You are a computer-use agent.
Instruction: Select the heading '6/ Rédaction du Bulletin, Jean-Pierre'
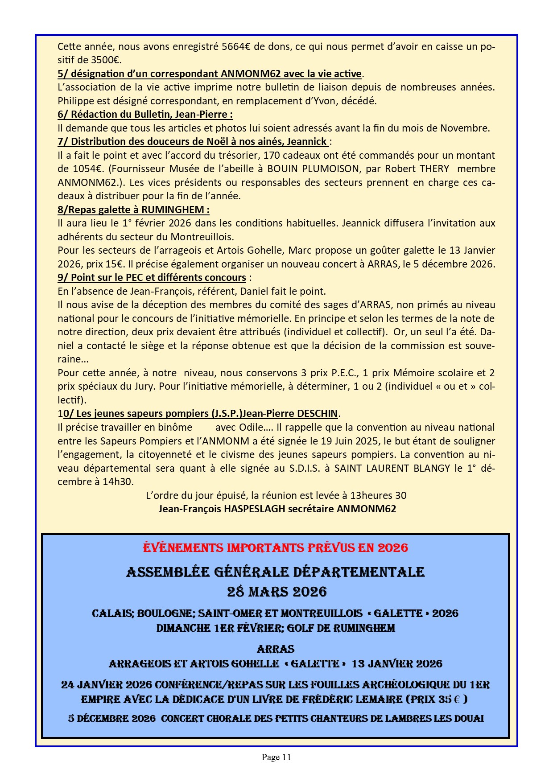click(x=145, y=115)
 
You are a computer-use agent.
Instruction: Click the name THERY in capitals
click(x=434, y=169)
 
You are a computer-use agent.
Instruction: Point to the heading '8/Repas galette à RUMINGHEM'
click(x=133, y=210)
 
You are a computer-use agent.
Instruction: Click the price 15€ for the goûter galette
click(x=114, y=264)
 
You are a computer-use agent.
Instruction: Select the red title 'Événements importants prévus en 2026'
click(x=275, y=548)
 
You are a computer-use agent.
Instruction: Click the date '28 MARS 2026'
click(x=276, y=592)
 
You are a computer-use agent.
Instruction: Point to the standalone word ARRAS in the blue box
click(x=276, y=649)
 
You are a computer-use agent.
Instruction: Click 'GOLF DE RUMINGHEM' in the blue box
click(x=341, y=628)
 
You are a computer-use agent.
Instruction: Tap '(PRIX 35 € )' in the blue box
click(x=436, y=700)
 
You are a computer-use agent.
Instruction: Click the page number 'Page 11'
click(x=276, y=757)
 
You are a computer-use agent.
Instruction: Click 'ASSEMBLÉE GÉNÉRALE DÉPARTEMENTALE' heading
click(x=275, y=572)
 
